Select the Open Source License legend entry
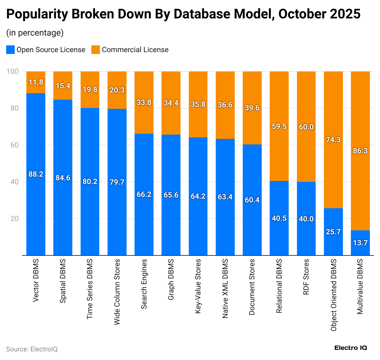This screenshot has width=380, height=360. coord(46,50)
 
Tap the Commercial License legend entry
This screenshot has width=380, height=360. coord(130,50)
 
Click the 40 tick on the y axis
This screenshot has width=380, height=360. coord(14,182)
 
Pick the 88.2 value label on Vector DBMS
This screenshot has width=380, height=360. coord(36,174)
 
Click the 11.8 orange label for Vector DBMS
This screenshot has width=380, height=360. coord(36,82)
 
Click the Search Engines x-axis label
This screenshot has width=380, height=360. coord(144,284)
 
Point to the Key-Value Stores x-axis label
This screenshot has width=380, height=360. coord(198,286)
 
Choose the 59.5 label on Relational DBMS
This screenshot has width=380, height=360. coord(279,126)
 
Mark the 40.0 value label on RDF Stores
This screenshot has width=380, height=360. coord(306,219)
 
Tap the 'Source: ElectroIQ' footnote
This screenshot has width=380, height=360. coord(32,349)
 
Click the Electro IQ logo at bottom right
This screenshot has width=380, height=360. coord(351,348)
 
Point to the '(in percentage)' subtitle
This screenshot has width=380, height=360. coord(35,33)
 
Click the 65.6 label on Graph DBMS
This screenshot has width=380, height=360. coord(171,195)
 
